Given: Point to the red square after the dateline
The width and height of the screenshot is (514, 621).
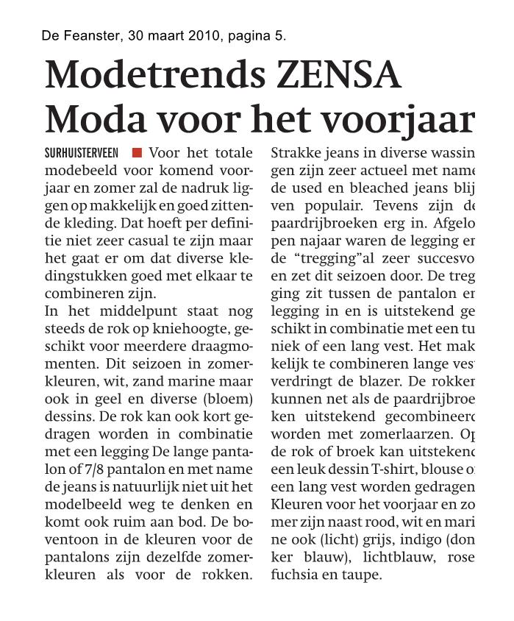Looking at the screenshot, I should (x=137, y=153).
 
